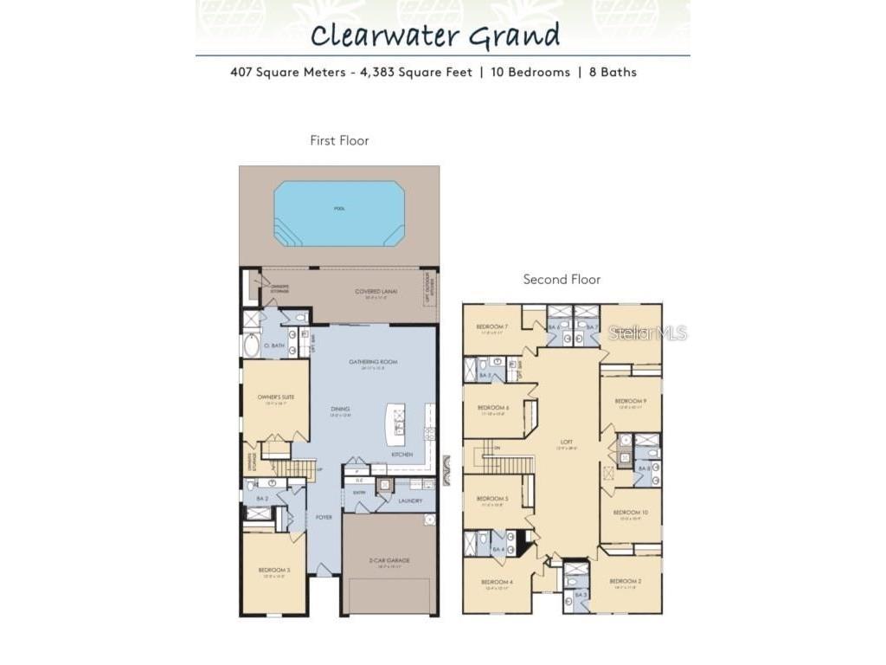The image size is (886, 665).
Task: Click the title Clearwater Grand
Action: pyautogui.click(x=435, y=36)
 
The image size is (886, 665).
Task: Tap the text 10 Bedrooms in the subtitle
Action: pyautogui.click(x=527, y=72)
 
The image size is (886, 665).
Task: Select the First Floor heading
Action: pyautogui.click(x=339, y=140)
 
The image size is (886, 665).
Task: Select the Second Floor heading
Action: pyautogui.click(x=562, y=279)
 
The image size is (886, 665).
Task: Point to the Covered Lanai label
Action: pyautogui.click(x=376, y=292)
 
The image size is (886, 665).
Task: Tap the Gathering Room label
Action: pyautogui.click(x=373, y=361)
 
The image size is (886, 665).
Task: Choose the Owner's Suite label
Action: pyautogui.click(x=275, y=397)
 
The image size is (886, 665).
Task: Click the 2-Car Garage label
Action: pyautogui.click(x=388, y=560)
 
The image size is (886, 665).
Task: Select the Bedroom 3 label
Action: pyautogui.click(x=273, y=569)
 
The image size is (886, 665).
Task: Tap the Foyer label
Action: pyautogui.click(x=324, y=517)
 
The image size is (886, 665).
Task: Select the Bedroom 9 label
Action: pyautogui.click(x=630, y=401)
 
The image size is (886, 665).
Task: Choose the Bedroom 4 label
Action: pyautogui.click(x=496, y=582)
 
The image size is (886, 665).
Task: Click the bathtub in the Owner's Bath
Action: pyautogui.click(x=251, y=345)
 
